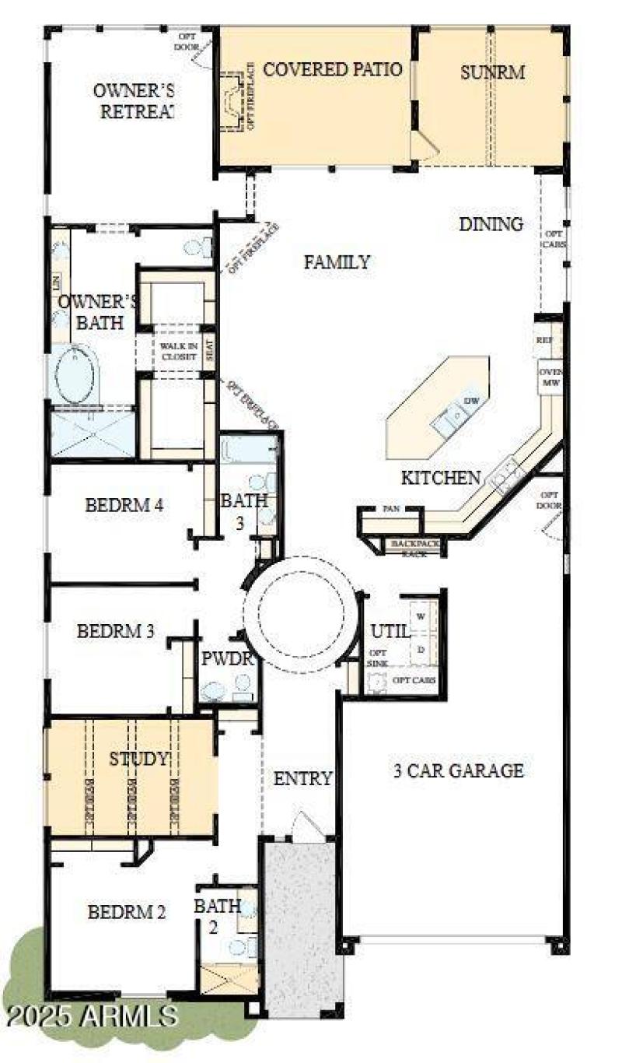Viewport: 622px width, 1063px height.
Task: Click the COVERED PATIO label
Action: coord(332,70)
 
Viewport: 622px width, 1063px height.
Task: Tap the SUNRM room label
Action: coord(492,73)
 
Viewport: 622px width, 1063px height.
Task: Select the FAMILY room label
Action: coord(337,263)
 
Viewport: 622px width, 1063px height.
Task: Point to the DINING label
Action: coord(491,225)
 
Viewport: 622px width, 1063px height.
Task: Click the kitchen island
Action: coord(440,408)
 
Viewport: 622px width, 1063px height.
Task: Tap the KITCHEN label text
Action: coord(440,478)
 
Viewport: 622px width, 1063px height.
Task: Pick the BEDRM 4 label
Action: coord(124,505)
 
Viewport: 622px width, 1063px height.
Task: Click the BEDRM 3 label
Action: coord(115,631)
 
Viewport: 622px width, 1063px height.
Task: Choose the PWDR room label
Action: coord(228,659)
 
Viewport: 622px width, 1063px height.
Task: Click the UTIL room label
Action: coord(390,631)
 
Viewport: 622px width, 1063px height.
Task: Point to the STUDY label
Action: coord(138,759)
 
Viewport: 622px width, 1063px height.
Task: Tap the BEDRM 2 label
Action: coord(126,913)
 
